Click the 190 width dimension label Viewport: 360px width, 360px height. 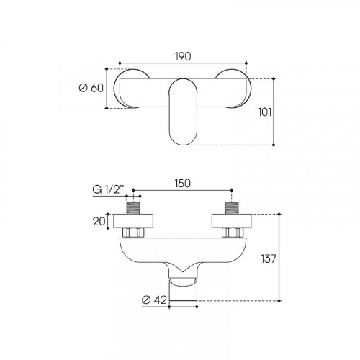[183, 56]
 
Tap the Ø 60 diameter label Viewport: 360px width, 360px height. [91, 88]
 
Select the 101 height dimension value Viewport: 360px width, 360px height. [265, 112]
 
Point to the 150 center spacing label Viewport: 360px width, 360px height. [183, 183]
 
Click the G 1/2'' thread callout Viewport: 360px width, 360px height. [109, 190]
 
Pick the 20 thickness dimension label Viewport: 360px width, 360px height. [99, 221]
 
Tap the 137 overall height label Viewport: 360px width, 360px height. [269, 258]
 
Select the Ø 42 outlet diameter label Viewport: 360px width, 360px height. [154, 300]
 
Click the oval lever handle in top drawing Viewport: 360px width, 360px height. [183, 112]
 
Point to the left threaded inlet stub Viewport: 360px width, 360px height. [133, 208]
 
